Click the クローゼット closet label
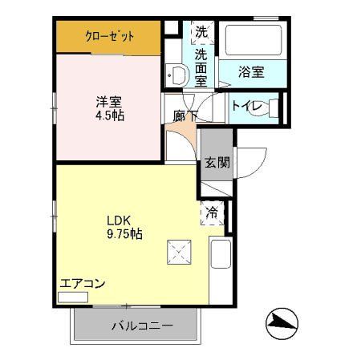pyautogui.click(x=110, y=36)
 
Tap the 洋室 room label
pyautogui.click(x=110, y=101)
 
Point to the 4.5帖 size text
pyautogui.click(x=110, y=115)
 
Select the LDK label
pyautogui.click(x=120, y=220)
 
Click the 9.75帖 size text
pyautogui.click(x=125, y=234)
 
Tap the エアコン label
pyautogui.click(x=83, y=283)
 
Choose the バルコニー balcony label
pyautogui.click(x=134, y=326)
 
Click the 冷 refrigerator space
pyautogui.click(x=212, y=213)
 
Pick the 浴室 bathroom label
pyautogui.click(x=251, y=71)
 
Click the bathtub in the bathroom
pyautogui.click(x=251, y=41)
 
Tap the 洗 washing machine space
pyautogui.click(x=201, y=34)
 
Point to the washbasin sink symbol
pyautogui.click(x=178, y=75)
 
